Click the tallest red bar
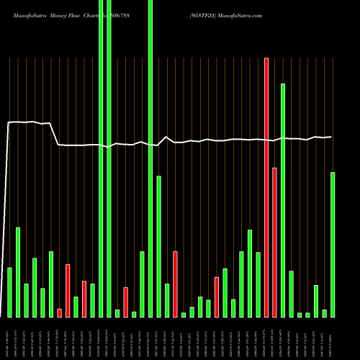pyautogui.click(x=266, y=187)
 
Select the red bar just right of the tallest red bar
pyautogui.click(x=274, y=242)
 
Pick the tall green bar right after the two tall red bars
pyautogui.click(x=283, y=200)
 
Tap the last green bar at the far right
pyautogui.click(x=333, y=244)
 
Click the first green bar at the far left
pyautogui.click(x=10, y=292)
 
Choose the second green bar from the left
pyautogui.click(x=18, y=272)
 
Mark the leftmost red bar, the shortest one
pyautogui.click(x=60, y=312)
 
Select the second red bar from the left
pyautogui.click(x=68, y=290)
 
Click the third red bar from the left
pyautogui.click(x=84, y=299)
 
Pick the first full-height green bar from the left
pyautogui.click(x=101, y=158)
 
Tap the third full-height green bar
pyautogui.click(x=150, y=158)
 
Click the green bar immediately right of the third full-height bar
pyautogui.click(x=158, y=246)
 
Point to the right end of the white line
pyautogui.click(x=331, y=137)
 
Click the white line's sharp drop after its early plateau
pyautogui.click(x=56, y=135)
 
